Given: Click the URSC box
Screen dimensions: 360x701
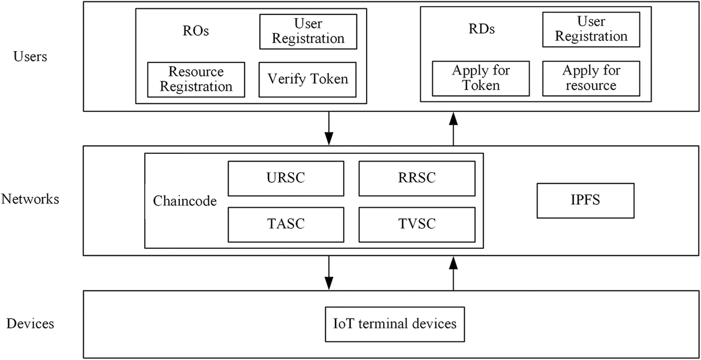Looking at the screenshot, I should tap(286, 178).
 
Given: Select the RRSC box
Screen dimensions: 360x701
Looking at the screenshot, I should tap(417, 178).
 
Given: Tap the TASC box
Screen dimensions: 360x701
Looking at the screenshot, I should tap(286, 224).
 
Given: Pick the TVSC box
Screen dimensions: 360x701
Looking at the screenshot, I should tap(417, 224).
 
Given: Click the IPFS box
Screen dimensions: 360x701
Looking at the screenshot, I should tap(585, 200).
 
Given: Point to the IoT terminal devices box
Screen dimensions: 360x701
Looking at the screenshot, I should tap(395, 323).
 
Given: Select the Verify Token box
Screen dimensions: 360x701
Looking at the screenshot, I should tap(307, 79).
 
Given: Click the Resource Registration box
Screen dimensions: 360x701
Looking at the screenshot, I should tap(196, 79).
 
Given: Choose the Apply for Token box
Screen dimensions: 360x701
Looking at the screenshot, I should tap(481, 78).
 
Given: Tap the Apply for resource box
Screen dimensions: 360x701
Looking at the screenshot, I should tap(591, 78).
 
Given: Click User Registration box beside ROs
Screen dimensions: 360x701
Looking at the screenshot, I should tap(308, 31).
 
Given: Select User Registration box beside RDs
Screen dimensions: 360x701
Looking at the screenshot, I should tap(591, 29).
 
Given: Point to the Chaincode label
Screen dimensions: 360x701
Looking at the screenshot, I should tap(185, 201).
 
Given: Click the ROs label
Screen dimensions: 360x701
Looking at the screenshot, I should tap(195, 31).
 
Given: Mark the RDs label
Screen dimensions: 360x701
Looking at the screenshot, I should tap(481, 29).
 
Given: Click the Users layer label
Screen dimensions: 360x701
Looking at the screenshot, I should tap(30, 57).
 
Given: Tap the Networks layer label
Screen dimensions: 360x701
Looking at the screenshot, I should tap(30, 199).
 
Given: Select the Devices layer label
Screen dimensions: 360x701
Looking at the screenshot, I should tap(30, 323).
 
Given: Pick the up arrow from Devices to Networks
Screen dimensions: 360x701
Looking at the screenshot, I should tap(453, 273).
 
